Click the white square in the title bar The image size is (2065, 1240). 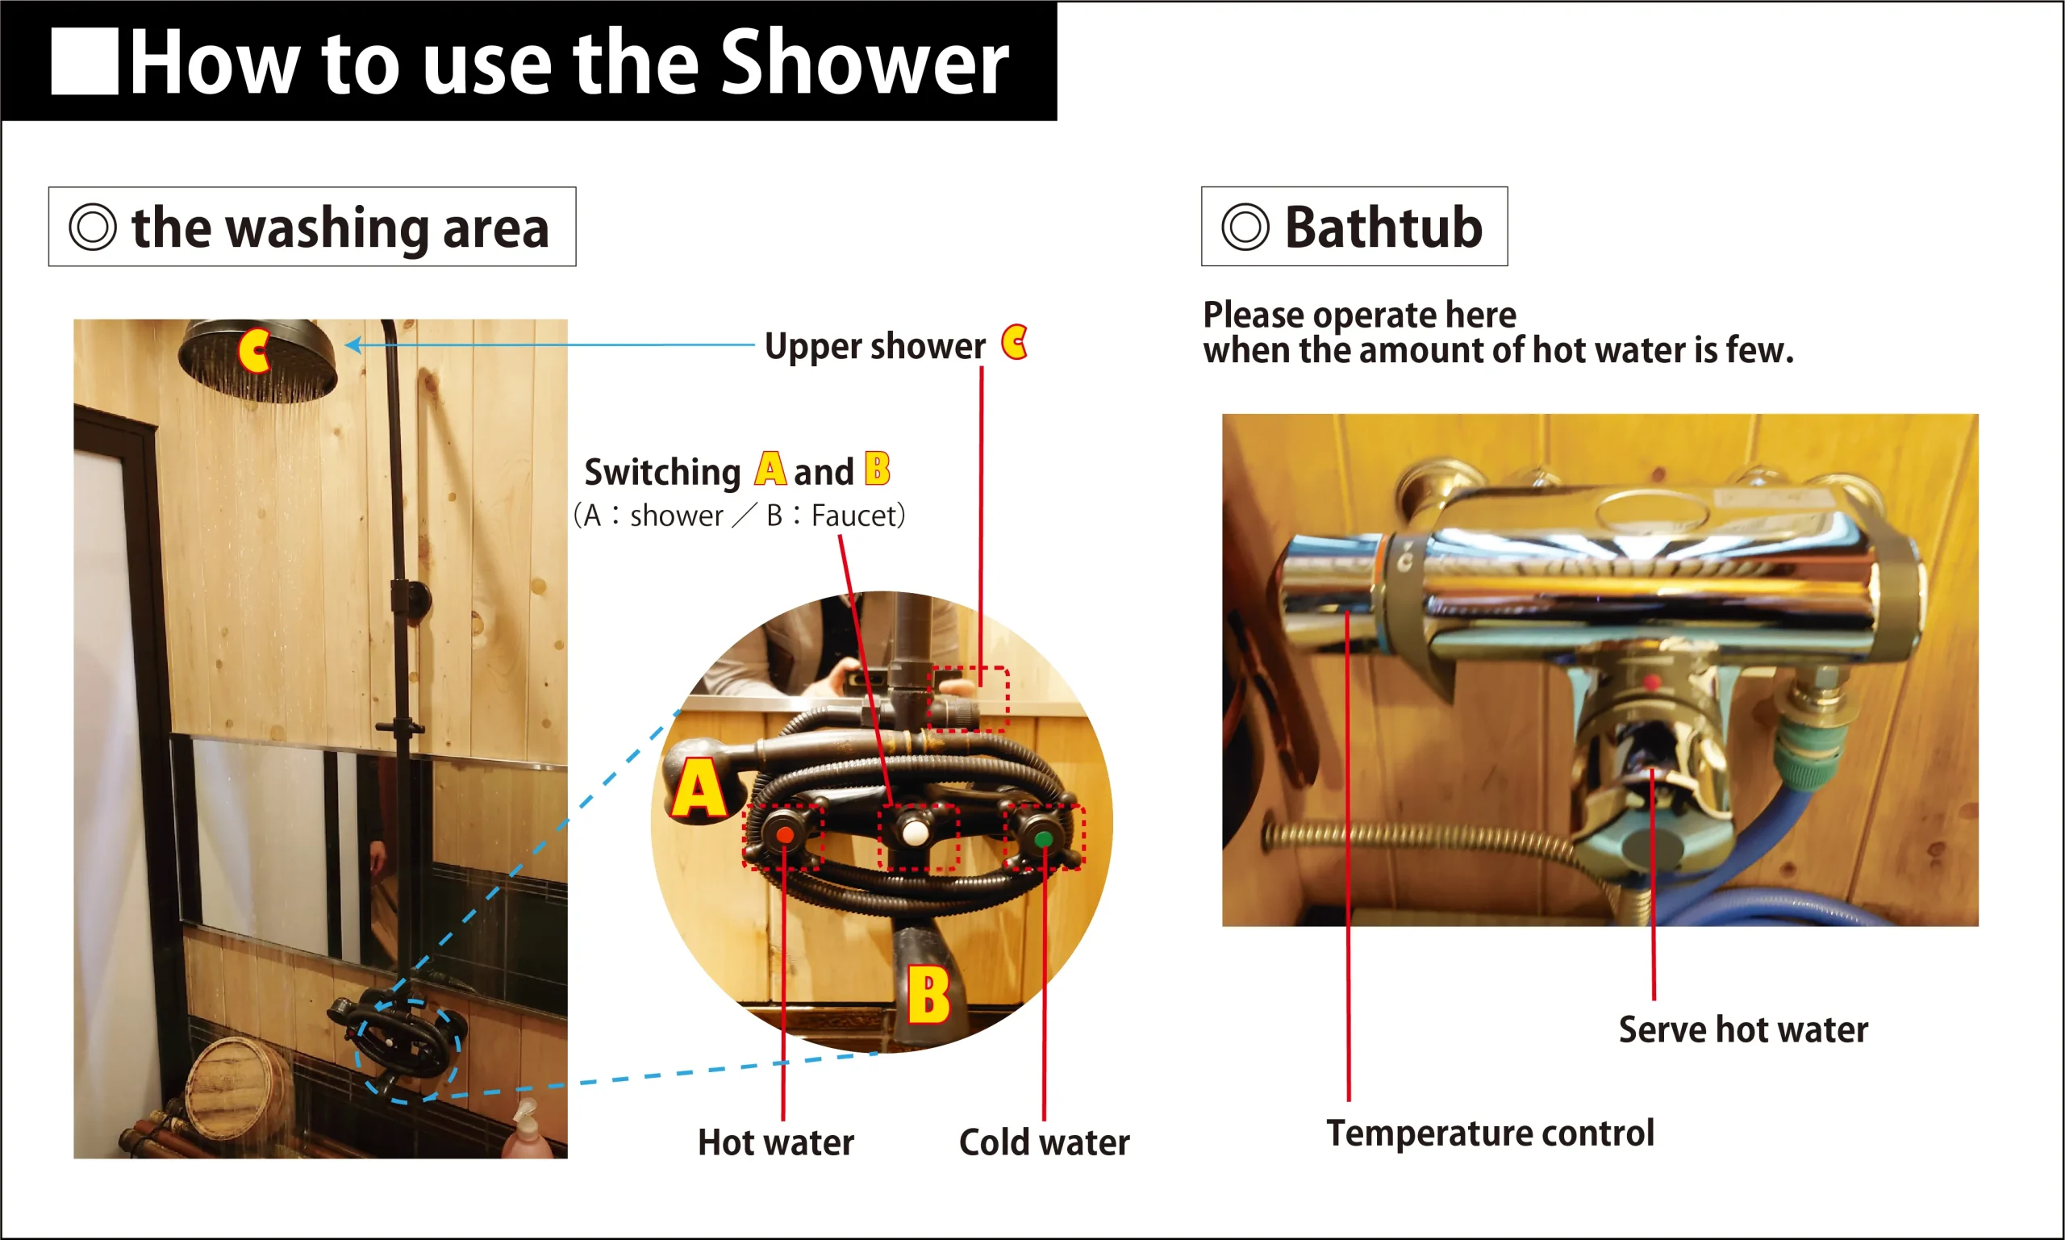(x=85, y=62)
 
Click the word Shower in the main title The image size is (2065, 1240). (x=864, y=62)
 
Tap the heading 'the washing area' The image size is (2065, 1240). (x=340, y=228)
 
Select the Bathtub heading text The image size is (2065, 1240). (x=1383, y=228)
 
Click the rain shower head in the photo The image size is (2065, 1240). (x=258, y=360)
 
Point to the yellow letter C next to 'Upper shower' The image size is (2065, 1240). (x=1014, y=343)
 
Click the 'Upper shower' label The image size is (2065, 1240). (x=874, y=346)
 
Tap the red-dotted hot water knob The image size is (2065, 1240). (x=783, y=835)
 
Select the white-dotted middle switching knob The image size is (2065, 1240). (x=914, y=833)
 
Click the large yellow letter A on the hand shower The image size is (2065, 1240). (x=699, y=787)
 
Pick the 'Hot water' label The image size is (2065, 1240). (x=776, y=1142)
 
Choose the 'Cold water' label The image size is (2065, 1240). (x=1044, y=1142)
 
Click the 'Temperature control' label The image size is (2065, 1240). (x=1491, y=1133)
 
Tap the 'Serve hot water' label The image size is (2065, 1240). (x=1743, y=1029)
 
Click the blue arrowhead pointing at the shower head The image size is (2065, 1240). (x=353, y=344)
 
